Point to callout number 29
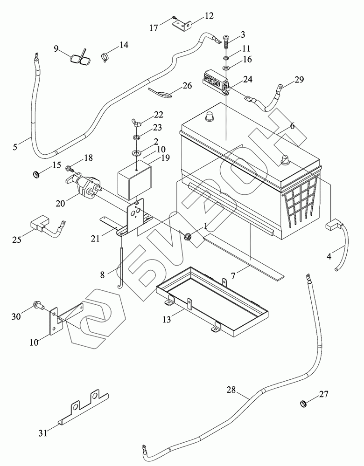(299, 80)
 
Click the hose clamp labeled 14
(107, 58)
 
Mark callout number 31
(43, 433)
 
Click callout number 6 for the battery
(292, 126)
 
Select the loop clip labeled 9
(79, 58)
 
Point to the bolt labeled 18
(70, 167)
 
